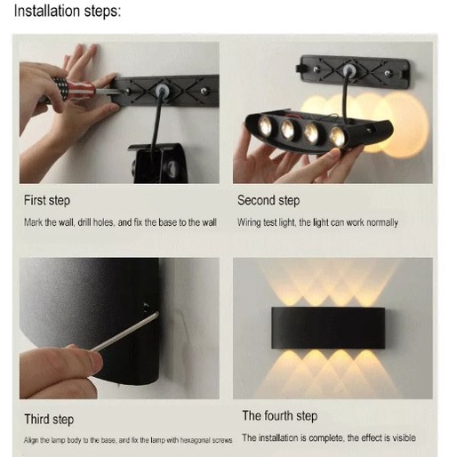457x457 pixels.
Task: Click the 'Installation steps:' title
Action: pyautogui.click(x=68, y=12)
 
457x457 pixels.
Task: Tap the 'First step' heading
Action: pyautogui.click(x=47, y=201)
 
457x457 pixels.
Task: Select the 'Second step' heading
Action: pyautogui.click(x=269, y=201)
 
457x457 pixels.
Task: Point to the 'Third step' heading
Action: pyautogui.click(x=49, y=420)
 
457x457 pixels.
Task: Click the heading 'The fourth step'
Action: pyautogui.click(x=280, y=416)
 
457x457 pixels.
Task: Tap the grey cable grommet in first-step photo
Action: pyautogui.click(x=161, y=90)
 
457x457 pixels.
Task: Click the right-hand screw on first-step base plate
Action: pyautogui.click(x=204, y=91)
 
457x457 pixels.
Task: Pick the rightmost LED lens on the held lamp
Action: pyautogui.click(x=338, y=137)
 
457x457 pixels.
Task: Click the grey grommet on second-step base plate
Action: pyautogui.click(x=349, y=71)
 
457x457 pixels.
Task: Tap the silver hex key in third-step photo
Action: pyautogui.click(x=124, y=332)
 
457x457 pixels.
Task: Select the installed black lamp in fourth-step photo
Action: pyautogui.click(x=328, y=328)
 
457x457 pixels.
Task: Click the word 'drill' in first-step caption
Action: pyautogui.click(x=84, y=222)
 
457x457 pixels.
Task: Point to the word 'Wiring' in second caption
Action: pyautogui.click(x=249, y=222)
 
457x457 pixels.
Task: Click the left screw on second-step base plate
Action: pyautogui.click(x=317, y=69)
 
